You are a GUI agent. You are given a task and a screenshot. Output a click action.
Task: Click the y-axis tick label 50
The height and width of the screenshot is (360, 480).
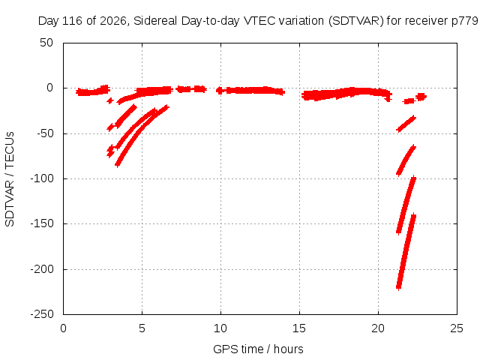click(x=46, y=43)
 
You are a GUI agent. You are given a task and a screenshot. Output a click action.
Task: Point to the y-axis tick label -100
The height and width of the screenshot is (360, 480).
click(x=42, y=178)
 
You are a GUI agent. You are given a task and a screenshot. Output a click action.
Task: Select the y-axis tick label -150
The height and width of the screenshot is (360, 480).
click(x=42, y=223)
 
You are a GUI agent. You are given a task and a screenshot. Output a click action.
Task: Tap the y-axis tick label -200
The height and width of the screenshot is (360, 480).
click(x=42, y=269)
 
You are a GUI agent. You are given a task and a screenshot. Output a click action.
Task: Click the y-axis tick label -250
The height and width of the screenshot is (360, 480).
click(x=42, y=314)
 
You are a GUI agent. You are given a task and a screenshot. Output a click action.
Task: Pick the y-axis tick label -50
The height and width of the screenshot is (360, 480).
click(x=45, y=133)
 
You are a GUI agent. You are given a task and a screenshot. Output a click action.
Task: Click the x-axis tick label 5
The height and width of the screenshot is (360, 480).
click(x=142, y=328)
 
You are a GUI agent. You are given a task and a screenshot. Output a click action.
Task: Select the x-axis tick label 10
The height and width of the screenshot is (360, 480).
click(x=220, y=328)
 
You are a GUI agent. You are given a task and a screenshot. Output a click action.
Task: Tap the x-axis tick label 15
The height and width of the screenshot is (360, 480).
click(x=299, y=328)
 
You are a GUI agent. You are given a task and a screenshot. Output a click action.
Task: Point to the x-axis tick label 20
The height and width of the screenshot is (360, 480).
click(x=378, y=328)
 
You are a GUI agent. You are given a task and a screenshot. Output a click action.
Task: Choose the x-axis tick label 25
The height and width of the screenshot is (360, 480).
click(x=457, y=328)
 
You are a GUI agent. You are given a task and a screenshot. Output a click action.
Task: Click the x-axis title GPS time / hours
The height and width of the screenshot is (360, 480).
click(x=258, y=349)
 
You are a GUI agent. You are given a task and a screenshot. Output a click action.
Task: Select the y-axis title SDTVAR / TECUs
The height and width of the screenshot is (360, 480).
click(x=10, y=179)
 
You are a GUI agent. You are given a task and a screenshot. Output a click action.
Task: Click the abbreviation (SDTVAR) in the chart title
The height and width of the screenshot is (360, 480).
click(x=355, y=21)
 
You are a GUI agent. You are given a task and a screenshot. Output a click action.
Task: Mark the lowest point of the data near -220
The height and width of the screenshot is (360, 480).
click(x=398, y=289)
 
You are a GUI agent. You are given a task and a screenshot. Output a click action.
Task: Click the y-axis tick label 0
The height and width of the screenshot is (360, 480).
click(x=50, y=88)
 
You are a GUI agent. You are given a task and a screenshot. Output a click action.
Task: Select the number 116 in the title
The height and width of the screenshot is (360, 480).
click(x=72, y=21)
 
